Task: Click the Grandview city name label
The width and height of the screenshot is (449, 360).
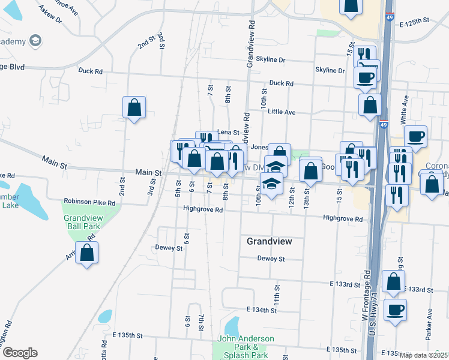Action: [270, 241]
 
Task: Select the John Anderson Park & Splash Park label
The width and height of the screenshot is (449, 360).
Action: [246, 347]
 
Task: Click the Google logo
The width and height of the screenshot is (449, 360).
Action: [20, 353]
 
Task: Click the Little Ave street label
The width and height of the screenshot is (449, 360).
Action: [282, 112]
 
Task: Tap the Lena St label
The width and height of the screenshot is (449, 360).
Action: [228, 132]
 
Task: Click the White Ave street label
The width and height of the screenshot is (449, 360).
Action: [406, 109]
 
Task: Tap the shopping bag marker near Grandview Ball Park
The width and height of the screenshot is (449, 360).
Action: [88, 254]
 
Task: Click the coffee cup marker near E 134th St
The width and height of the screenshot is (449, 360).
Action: [395, 311]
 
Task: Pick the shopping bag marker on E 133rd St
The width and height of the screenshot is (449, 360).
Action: [393, 282]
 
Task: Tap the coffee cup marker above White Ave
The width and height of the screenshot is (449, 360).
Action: [415, 137]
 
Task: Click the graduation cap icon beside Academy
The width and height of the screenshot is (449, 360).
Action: [36, 41]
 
